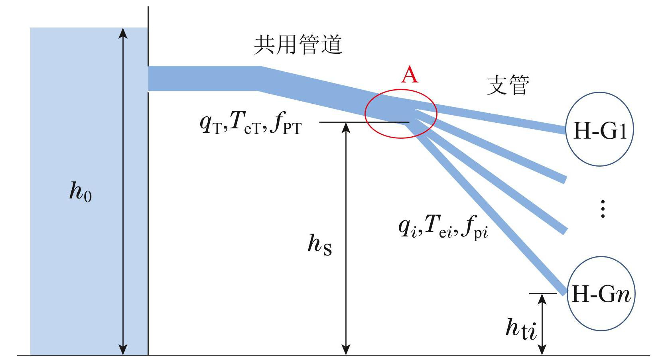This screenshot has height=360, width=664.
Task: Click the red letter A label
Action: pos(410,75)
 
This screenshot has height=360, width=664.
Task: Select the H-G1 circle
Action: pos(600,130)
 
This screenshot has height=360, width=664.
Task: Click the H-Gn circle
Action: pos(600,294)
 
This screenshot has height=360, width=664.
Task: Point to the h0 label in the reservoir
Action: pos(80,191)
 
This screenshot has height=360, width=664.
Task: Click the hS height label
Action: pos(319,244)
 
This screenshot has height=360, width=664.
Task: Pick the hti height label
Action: pos(520,329)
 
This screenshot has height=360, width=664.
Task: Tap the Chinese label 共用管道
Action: pos(298,45)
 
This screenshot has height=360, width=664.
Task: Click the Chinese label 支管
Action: pos(508,85)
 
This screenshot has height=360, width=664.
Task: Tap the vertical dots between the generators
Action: pos(603,209)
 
